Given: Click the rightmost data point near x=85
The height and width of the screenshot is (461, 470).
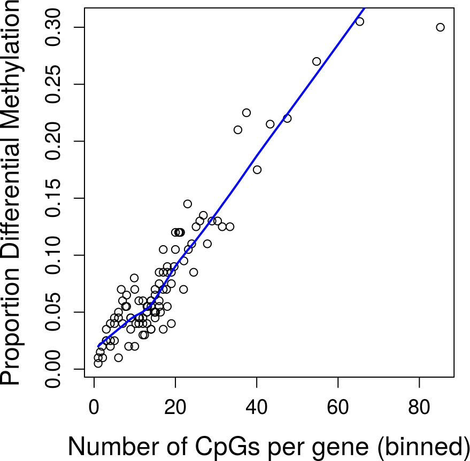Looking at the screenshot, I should (440, 27).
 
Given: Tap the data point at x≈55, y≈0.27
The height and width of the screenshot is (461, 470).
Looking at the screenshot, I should (317, 61).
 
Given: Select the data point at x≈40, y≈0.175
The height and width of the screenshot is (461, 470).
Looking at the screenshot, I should (257, 170).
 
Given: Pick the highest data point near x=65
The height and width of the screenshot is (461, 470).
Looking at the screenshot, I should (359, 21).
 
